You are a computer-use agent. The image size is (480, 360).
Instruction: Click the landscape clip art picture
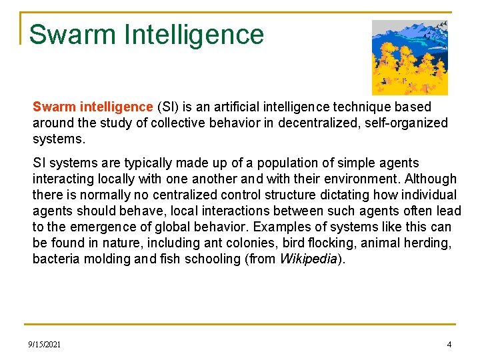pyautogui.click(x=409, y=57)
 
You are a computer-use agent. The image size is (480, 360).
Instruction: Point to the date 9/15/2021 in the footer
pyautogui.click(x=44, y=344)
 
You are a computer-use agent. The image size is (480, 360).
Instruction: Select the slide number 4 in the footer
pyautogui.click(x=449, y=344)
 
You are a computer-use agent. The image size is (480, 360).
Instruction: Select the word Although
pyautogui.click(x=431, y=179)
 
